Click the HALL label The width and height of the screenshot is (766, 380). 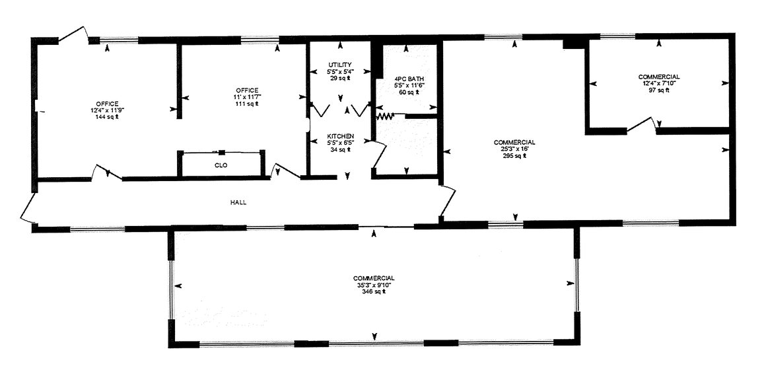click(238, 202)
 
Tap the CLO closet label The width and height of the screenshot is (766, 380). click(221, 165)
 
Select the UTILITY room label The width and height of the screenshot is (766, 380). click(340, 65)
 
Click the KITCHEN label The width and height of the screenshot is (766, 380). click(341, 136)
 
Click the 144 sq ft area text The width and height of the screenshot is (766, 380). click(107, 116)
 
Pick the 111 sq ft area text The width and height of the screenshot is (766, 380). click(247, 103)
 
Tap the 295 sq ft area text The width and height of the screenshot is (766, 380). click(514, 155)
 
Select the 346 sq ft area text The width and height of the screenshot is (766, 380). click(373, 291)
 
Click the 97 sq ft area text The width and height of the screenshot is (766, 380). click(658, 90)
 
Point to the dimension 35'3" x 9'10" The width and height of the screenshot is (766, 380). click(373, 285)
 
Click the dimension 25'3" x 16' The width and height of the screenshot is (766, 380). click(515, 149)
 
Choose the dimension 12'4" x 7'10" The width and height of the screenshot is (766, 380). click(658, 84)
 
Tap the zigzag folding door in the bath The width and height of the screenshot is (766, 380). click(385, 117)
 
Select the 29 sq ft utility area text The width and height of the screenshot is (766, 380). click(340, 78)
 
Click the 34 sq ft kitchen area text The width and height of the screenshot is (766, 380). click(341, 149)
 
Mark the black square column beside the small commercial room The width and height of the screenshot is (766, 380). click(574, 43)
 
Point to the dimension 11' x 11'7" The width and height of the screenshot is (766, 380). click(247, 97)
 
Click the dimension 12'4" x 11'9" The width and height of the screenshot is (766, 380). click(107, 110)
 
